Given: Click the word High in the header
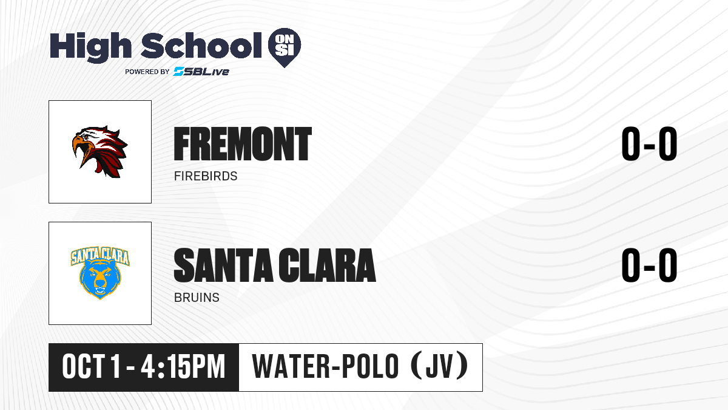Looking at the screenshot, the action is [x=90, y=47].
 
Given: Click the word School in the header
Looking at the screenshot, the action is [x=201, y=46].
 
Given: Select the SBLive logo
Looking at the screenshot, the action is [x=201, y=71].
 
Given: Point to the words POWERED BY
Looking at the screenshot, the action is [x=147, y=72].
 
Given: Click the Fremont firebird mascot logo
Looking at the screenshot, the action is [x=99, y=152].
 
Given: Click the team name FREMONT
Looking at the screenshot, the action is [x=243, y=144].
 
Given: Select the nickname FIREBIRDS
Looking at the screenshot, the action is [x=206, y=176].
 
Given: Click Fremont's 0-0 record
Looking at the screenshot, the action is [x=649, y=144].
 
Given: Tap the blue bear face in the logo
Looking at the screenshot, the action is [x=100, y=279].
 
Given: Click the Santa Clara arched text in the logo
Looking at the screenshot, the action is [x=100, y=256].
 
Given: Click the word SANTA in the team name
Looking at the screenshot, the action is [x=223, y=265].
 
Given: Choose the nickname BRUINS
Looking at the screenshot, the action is [x=197, y=298].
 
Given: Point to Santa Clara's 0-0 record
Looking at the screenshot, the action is [x=649, y=265].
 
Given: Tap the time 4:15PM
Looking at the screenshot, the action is [x=183, y=367].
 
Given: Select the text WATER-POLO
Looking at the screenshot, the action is [x=325, y=367].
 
